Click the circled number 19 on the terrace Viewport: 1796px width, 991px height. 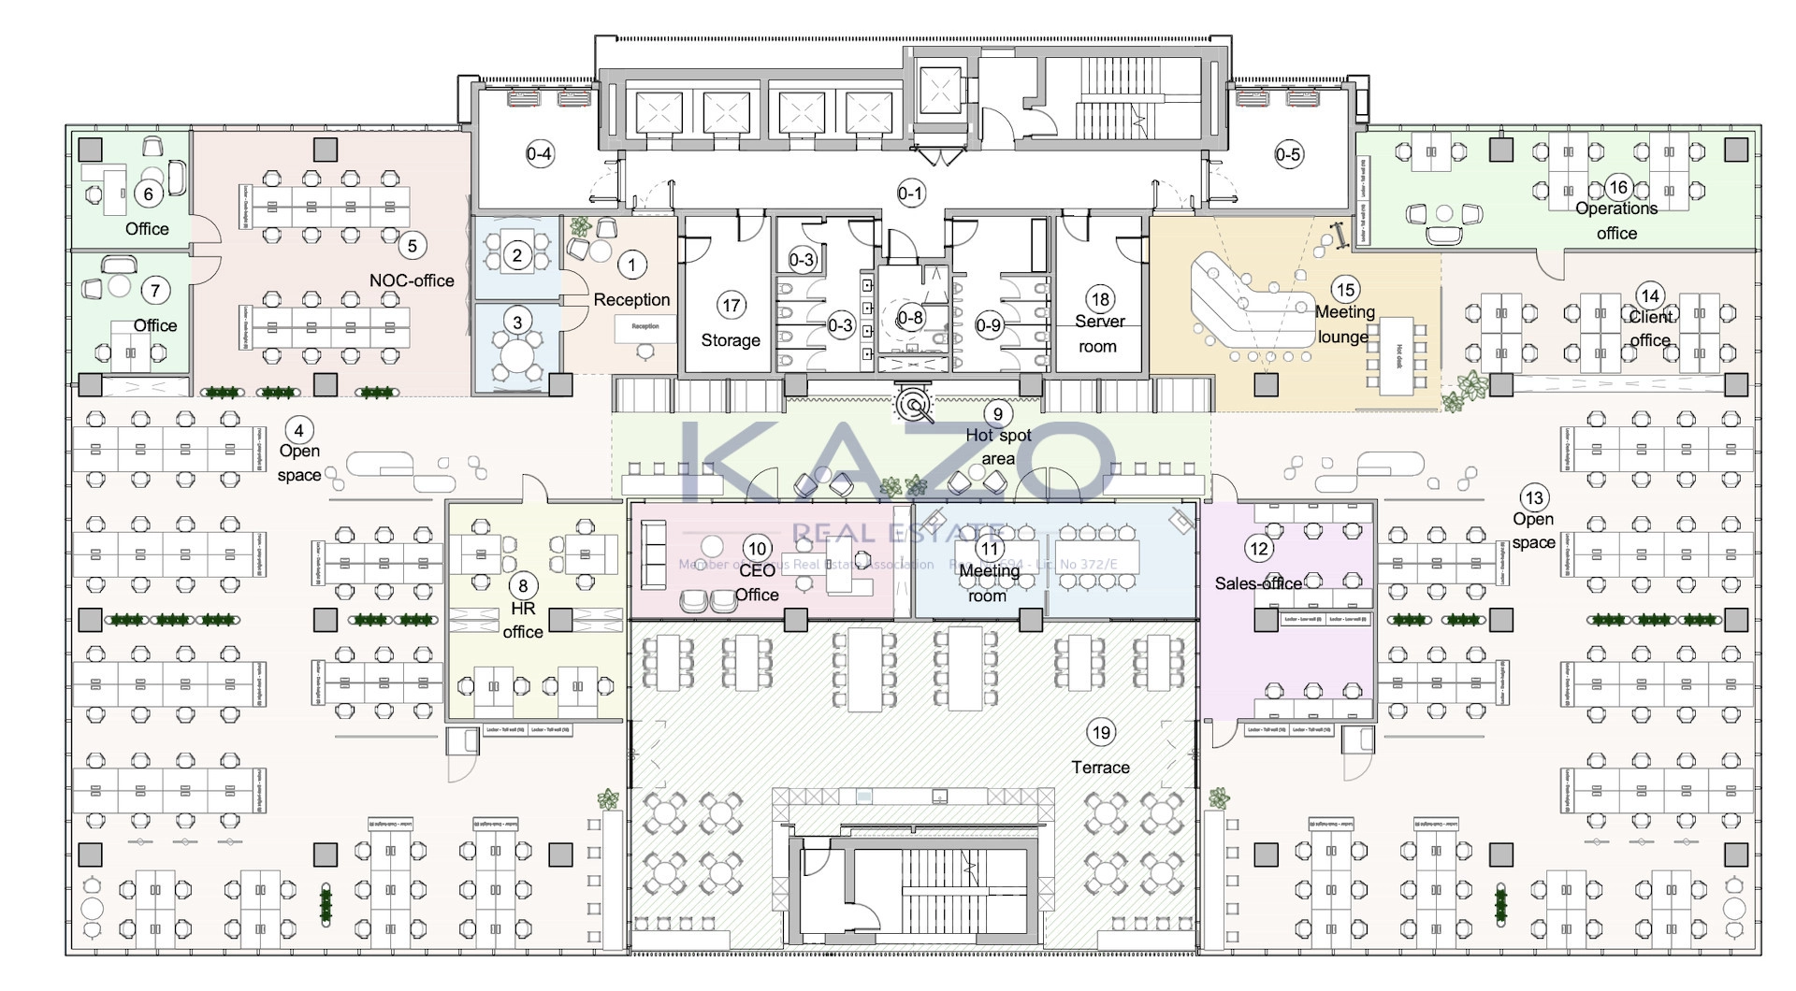point(1101,733)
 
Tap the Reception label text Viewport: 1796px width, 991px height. point(631,300)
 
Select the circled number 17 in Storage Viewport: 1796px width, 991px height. point(731,305)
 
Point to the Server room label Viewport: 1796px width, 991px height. point(1099,334)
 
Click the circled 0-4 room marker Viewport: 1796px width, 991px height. point(540,154)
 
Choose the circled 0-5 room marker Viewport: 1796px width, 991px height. point(1288,154)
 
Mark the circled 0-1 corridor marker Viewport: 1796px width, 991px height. point(910,194)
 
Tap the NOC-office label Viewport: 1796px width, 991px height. point(412,280)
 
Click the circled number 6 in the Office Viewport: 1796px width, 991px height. point(148,194)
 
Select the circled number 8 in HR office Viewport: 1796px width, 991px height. point(523,586)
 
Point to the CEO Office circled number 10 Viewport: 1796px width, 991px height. point(757,549)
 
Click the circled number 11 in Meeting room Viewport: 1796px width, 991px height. point(990,548)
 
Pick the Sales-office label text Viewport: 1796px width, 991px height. point(1258,583)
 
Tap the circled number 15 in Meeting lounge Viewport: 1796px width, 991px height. point(1347,290)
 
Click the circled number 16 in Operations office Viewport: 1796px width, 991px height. point(1618,187)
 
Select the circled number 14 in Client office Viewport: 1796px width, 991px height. point(1649,296)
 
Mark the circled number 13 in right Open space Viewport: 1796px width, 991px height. point(1534,497)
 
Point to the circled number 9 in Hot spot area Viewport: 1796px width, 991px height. point(998,414)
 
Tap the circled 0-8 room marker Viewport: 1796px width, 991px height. point(910,318)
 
